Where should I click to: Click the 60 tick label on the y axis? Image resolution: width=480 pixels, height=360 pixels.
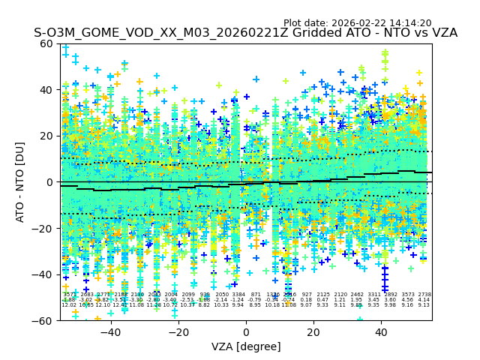click(x=46, y=43)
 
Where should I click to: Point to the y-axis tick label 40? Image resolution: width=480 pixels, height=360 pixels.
click(x=46, y=90)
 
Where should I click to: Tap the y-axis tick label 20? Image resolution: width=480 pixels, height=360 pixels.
click(x=46, y=136)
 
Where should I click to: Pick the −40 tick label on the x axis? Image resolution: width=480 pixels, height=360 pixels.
click(x=110, y=332)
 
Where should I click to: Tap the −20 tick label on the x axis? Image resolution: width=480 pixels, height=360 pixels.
click(x=178, y=332)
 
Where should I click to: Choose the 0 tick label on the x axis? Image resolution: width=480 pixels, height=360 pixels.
click(x=246, y=332)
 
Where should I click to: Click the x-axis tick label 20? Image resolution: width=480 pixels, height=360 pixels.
click(x=313, y=332)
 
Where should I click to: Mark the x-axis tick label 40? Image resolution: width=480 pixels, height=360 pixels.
click(x=381, y=332)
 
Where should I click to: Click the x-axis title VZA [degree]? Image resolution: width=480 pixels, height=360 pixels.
click(x=246, y=346)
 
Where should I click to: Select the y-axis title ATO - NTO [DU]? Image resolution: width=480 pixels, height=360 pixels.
click(x=21, y=182)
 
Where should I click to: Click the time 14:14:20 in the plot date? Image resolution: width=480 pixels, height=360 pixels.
click(x=409, y=23)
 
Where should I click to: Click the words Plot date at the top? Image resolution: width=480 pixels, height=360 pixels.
click(x=305, y=23)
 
